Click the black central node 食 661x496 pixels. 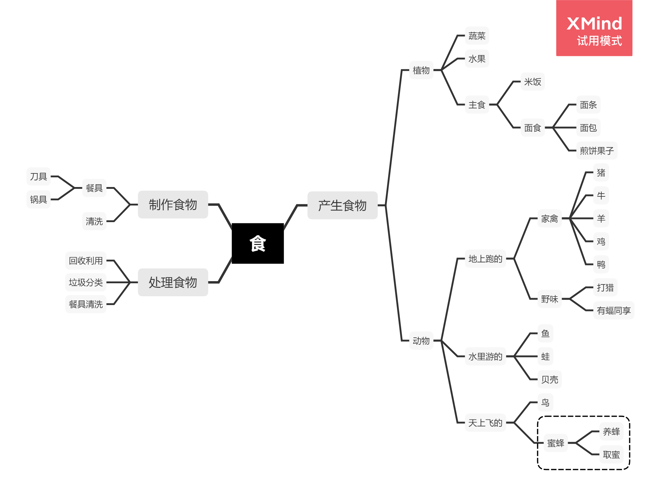(258, 243)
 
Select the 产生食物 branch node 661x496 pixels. (342, 205)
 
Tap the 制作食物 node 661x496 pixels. (173, 205)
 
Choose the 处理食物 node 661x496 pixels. (173, 282)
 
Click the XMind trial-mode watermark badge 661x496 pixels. (594, 28)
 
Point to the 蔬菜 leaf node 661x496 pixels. (477, 36)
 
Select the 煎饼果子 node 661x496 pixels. (597, 150)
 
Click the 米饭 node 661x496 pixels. (533, 81)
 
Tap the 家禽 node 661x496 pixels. (550, 218)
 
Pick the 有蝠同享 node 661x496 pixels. (614, 310)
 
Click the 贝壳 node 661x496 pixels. (550, 379)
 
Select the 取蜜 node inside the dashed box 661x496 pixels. (611, 454)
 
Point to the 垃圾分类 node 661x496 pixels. (86, 282)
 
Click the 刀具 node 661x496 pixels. (38, 176)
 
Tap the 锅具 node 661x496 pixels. (38, 199)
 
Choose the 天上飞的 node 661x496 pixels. (485, 422)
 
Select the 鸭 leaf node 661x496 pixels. (601, 264)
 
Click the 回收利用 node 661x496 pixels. (86, 260)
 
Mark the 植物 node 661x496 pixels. (421, 70)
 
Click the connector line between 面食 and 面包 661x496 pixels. (561, 128)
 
